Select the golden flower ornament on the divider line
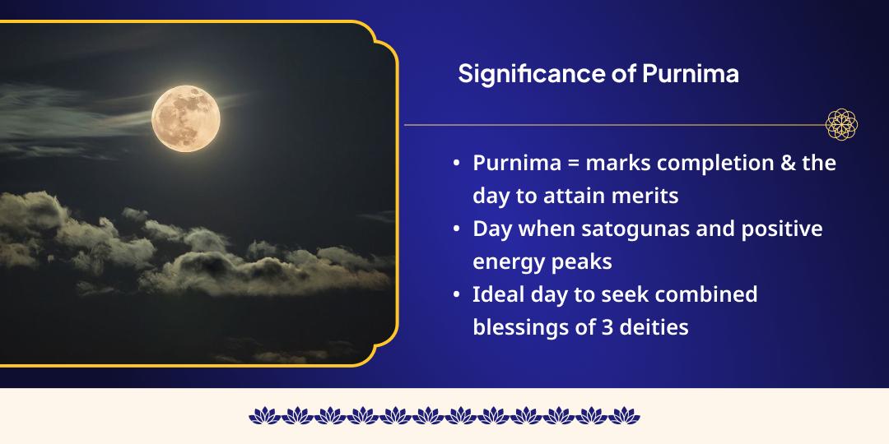842,124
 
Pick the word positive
783,229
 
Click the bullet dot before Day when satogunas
457,229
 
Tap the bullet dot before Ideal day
457,295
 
